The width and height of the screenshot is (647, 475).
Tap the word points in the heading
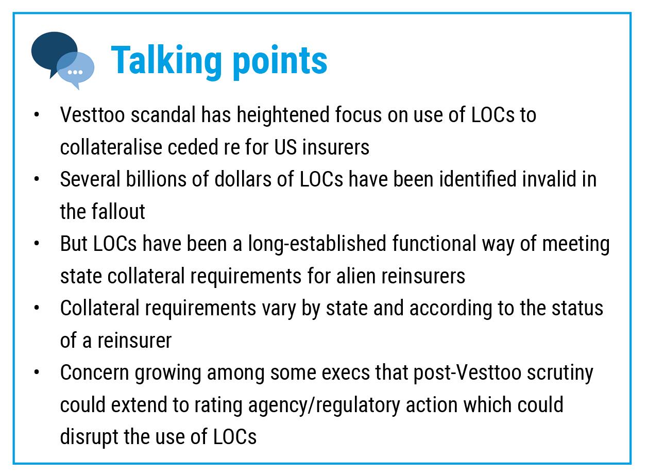point(280,62)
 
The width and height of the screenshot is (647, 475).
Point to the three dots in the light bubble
point(75,72)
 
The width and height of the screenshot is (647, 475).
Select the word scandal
point(163,114)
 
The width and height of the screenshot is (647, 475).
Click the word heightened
point(283,115)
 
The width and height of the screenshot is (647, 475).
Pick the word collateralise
point(111,147)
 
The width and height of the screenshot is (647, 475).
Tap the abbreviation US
point(285,147)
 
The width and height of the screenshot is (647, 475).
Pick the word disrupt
point(89,437)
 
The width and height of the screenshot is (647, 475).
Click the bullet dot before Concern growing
point(37,372)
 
